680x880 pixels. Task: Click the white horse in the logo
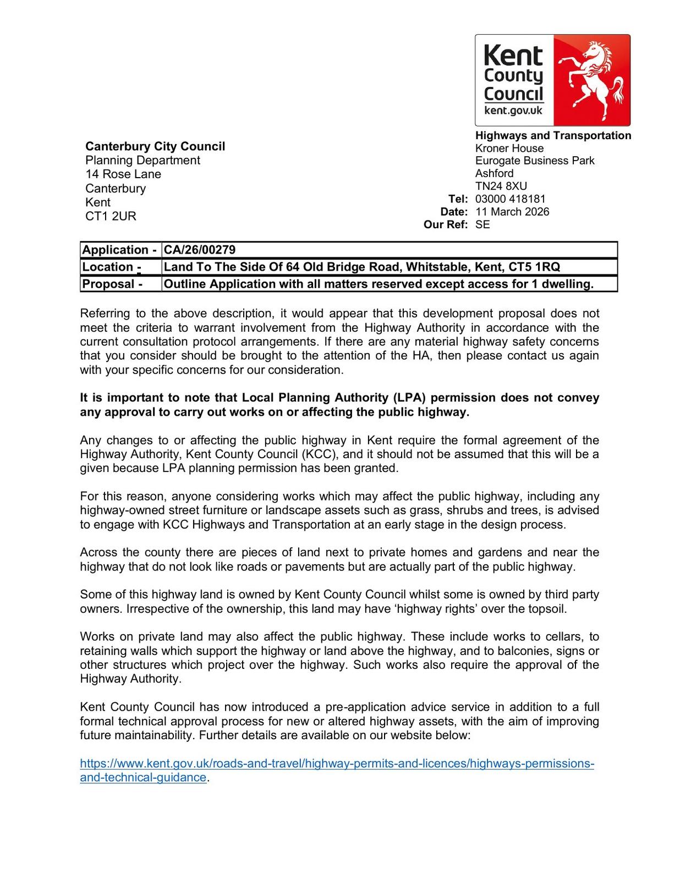pos(593,79)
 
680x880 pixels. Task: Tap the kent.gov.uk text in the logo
pos(513,111)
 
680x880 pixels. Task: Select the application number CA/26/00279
pos(200,250)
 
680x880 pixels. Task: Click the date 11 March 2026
pos(512,212)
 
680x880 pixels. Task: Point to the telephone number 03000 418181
pos(510,199)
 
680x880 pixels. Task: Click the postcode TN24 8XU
pos(501,186)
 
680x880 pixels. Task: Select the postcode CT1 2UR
pos(111,216)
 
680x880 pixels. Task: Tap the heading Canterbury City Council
pos(155,146)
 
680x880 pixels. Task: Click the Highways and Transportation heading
pos(553,136)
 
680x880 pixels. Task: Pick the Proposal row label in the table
pos(112,284)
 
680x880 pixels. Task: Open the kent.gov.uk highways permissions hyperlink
pos(337,765)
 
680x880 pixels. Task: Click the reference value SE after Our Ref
pos(482,224)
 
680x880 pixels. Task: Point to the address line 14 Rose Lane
pos(123,174)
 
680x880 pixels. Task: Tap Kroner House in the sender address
pos(509,148)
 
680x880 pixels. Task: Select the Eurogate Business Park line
pos(535,161)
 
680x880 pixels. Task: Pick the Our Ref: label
pos(446,224)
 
